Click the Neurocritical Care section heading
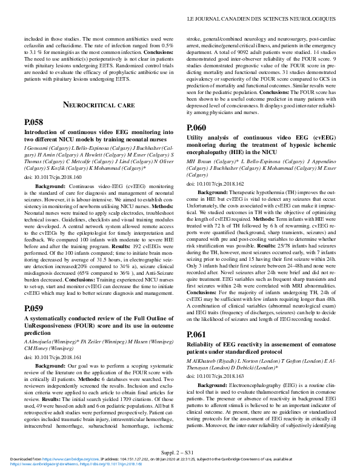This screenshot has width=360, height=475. tap(98, 105)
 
